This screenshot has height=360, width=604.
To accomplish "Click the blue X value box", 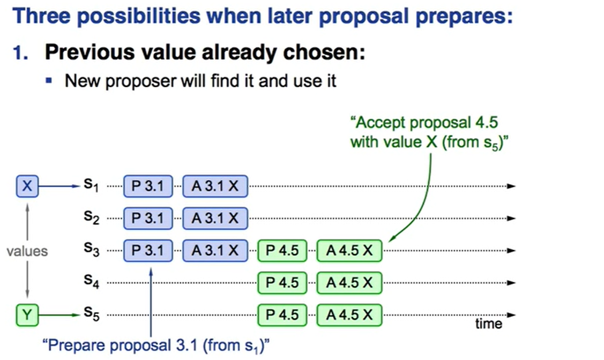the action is [x=27, y=186].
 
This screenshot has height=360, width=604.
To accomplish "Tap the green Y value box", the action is [x=27, y=315].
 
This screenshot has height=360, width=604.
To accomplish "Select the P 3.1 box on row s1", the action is [x=148, y=186].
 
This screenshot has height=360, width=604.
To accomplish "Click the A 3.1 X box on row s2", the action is [x=215, y=219].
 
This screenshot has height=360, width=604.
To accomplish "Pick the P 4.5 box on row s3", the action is [x=282, y=251].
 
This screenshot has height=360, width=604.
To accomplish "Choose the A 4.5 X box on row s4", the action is [x=349, y=283].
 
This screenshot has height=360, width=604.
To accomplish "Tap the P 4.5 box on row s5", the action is [x=282, y=315].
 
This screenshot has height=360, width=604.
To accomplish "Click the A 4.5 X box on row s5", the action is [x=349, y=315].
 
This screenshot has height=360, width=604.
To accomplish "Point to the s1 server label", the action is [x=92, y=185].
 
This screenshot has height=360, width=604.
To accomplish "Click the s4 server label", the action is [x=92, y=281].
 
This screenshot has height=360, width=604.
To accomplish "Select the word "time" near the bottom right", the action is [x=488, y=324].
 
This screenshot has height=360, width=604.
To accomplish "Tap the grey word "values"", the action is [x=27, y=251].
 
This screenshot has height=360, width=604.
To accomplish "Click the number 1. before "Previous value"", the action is [x=21, y=52].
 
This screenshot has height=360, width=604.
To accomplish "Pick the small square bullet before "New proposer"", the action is [x=49, y=80].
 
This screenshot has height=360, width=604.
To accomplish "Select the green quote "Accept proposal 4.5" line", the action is [x=424, y=123].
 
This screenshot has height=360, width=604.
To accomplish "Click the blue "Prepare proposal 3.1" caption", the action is [x=156, y=346].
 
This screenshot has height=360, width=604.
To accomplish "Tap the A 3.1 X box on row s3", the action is [x=215, y=251].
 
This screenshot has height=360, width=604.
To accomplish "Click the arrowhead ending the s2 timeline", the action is [x=511, y=219].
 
